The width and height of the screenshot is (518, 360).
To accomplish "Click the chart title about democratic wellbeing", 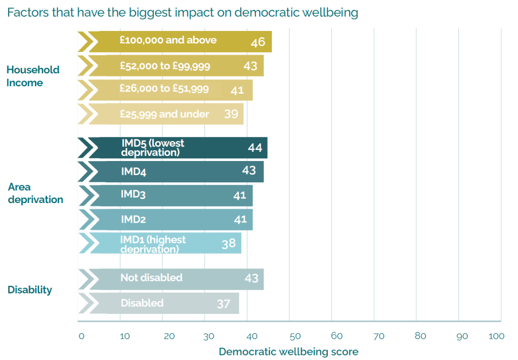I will [183, 13].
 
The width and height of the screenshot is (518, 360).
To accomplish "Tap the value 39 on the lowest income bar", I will [231, 114].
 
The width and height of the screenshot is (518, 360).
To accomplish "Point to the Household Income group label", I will [33, 76].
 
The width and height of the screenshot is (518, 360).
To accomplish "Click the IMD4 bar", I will [172, 172].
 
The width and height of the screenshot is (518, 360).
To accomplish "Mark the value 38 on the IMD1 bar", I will [229, 244].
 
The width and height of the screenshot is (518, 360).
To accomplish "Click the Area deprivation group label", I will [35, 193].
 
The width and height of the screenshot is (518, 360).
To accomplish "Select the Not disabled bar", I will [172, 279].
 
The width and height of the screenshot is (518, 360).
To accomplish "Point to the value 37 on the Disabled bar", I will [224, 304].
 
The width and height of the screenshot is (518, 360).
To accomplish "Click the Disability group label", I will [30, 290].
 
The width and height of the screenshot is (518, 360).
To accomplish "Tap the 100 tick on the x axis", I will [497, 336].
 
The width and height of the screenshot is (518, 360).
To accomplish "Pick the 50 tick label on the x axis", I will [295, 336].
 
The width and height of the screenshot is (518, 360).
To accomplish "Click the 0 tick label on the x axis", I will [81, 336].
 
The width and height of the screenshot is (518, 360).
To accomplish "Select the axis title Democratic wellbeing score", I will [288, 351].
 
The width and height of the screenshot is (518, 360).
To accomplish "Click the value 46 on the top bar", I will [258, 42].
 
